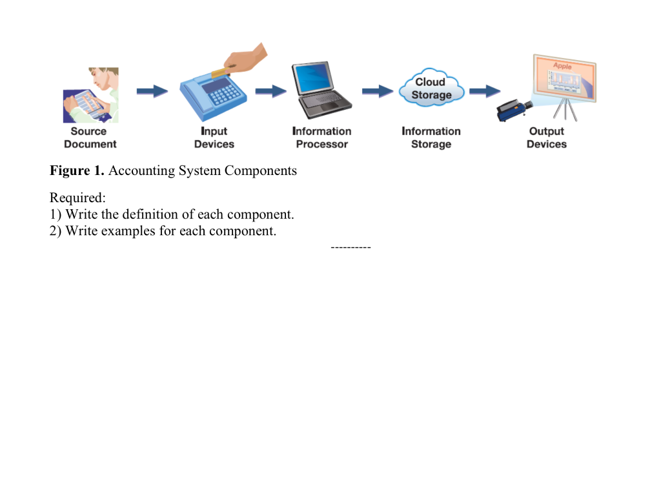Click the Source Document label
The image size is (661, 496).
click(x=90, y=138)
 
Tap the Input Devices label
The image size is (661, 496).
click(x=214, y=138)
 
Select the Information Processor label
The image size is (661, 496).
click(x=321, y=138)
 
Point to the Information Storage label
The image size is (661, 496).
click(x=431, y=138)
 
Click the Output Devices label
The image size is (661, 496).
click(x=546, y=138)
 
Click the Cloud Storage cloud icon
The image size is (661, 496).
click(x=431, y=88)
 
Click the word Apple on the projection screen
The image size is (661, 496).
click(x=562, y=66)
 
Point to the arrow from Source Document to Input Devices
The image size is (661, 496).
click(x=152, y=91)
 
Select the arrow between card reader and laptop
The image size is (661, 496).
click(x=270, y=91)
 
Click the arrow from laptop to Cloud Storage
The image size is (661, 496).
click(x=377, y=91)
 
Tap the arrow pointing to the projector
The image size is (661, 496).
click(x=484, y=91)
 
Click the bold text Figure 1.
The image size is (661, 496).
click(x=77, y=171)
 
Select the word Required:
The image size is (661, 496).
click(x=77, y=198)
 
